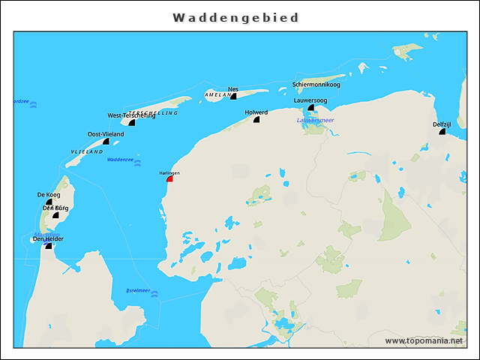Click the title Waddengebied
[235, 17]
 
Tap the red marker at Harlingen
[170, 178]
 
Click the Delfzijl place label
[442, 124]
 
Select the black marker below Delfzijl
[442, 132]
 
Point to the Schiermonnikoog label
[316, 85]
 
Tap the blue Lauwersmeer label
[315, 120]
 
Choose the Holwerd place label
[256, 112]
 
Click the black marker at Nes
[233, 96]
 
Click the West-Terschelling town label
[131, 115]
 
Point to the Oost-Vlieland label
[104, 133]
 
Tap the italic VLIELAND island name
[86, 151]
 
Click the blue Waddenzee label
[120, 159]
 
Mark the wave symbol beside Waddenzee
[138, 162]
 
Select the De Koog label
[49, 194]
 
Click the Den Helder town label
[47, 238]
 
